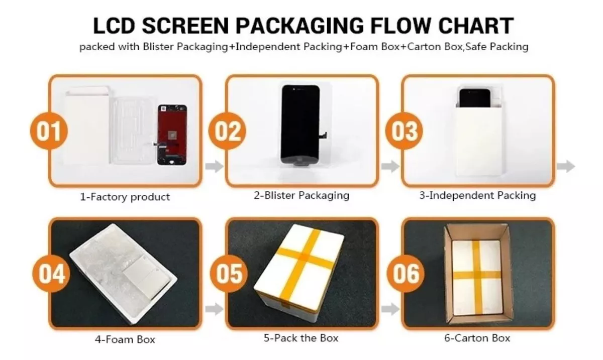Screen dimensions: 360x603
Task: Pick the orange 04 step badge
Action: (51, 274)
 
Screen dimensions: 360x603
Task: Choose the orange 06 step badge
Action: (405, 274)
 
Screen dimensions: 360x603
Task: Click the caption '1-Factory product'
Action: (125, 197)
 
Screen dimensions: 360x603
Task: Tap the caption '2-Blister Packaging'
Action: (301, 195)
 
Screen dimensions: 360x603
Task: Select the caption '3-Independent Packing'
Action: (477, 195)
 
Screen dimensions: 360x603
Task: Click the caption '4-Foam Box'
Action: (125, 339)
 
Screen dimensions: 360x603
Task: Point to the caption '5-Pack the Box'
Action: (301, 338)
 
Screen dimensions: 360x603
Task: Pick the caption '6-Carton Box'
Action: (477, 338)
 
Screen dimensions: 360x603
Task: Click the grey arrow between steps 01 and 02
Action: (214, 167)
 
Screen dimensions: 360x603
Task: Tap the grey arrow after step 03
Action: (566, 167)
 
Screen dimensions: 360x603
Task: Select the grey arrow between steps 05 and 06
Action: (390, 309)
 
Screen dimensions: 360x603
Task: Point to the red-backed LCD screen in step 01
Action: (171, 135)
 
